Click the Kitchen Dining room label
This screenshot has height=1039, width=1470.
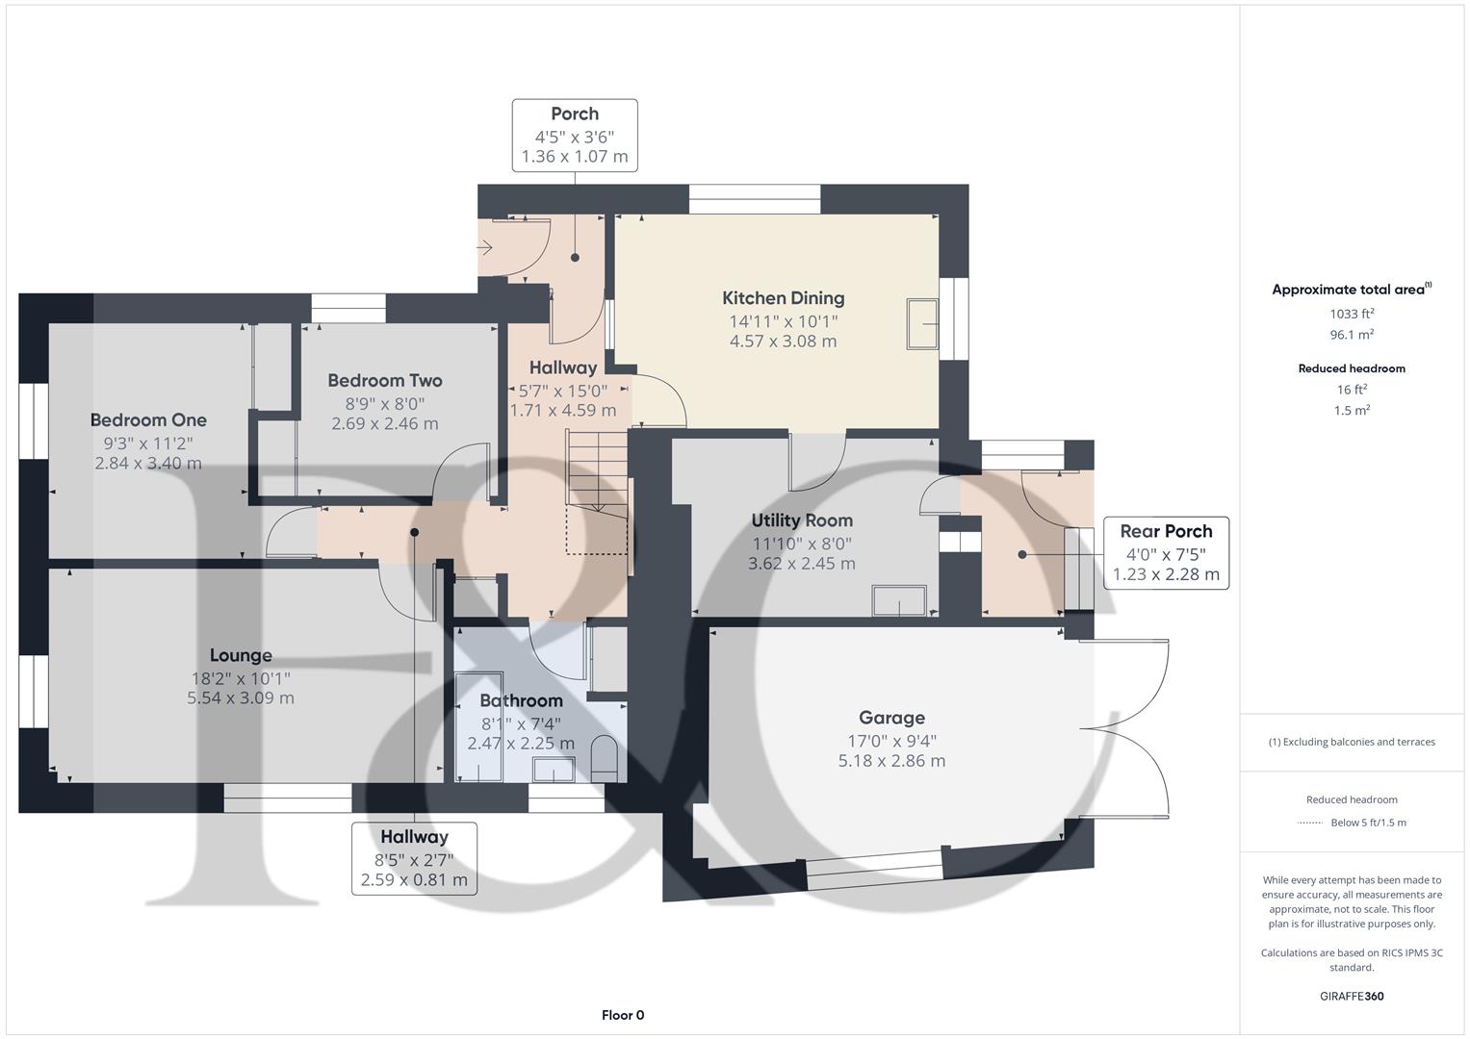point(783,298)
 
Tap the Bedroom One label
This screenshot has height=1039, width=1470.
point(148,420)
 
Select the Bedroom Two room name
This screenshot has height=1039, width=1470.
point(384,381)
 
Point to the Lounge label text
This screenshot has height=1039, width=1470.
point(241,656)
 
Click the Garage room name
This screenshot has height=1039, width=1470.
point(891,718)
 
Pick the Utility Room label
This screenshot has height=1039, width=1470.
point(802,520)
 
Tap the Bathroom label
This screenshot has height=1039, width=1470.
point(521,700)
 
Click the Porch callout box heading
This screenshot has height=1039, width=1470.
point(575,114)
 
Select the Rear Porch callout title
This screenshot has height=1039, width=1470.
point(1166,531)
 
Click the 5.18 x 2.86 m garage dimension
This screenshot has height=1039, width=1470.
point(891,761)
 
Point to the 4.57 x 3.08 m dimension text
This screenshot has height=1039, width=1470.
point(783,342)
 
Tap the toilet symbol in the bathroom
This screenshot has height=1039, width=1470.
point(604,758)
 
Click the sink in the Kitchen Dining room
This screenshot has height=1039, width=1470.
point(922,324)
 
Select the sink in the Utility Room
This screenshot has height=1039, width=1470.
point(899,600)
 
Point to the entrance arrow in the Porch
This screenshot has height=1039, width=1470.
point(485,248)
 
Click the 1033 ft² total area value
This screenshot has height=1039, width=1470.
point(1352,314)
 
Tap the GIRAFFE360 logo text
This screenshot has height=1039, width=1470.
point(1352,996)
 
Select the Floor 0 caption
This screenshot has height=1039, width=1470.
point(623,1015)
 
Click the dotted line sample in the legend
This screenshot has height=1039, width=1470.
point(1310,823)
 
